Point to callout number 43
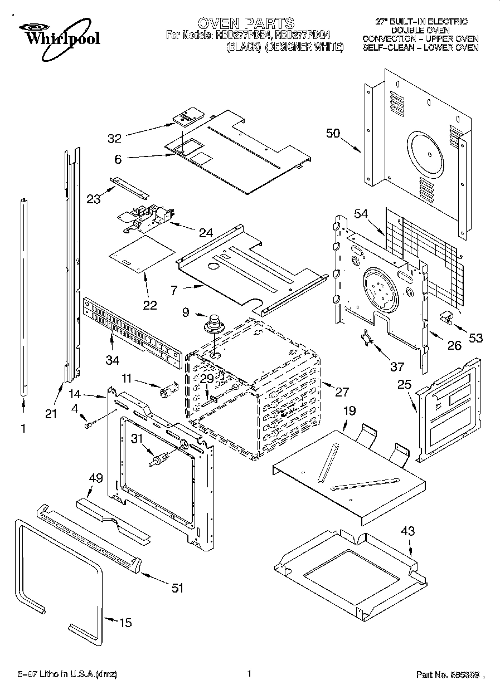408,531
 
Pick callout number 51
178,587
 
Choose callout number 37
396,366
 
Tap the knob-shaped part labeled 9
213,323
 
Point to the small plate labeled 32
186,117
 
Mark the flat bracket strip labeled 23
129,186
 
